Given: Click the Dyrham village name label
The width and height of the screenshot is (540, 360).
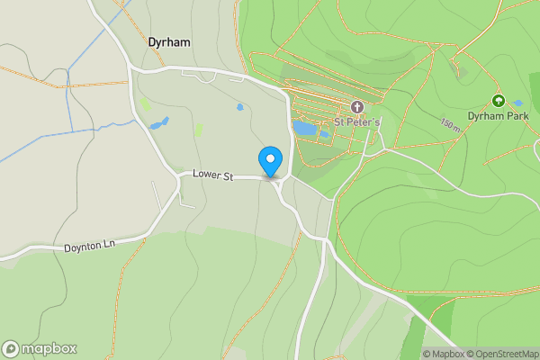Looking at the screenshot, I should (x=169, y=41).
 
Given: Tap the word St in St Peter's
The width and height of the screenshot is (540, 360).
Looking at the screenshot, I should (x=341, y=121).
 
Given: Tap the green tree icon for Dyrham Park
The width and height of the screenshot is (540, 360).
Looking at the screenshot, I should (x=498, y=101).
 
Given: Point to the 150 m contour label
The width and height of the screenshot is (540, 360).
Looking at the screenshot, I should (x=450, y=124).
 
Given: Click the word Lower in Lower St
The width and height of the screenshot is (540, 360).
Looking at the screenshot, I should (x=206, y=175).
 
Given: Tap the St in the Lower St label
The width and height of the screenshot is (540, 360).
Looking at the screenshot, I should (x=228, y=177).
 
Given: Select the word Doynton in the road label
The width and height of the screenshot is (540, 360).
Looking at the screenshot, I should (x=84, y=247).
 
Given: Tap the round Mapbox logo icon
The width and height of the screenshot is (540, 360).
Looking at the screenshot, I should (x=11, y=349).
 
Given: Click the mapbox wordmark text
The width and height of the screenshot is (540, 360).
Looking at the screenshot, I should (x=49, y=349).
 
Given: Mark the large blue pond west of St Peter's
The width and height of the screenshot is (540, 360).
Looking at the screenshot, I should (x=303, y=129).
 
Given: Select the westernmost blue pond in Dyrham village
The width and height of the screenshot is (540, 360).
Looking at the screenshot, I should (x=159, y=123).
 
